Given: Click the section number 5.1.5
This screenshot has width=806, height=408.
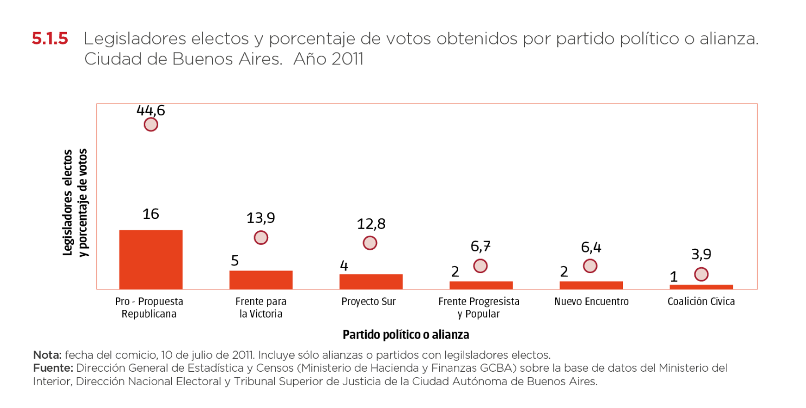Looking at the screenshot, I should [x=50, y=40].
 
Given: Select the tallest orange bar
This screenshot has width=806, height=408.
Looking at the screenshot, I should [x=151, y=259].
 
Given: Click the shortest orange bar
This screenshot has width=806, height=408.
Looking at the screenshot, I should [x=701, y=287].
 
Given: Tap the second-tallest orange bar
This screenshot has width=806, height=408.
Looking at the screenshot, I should [x=261, y=280].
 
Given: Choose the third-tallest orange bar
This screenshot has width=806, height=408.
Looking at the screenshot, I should [x=370, y=281].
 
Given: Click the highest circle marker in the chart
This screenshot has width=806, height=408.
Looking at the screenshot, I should [x=151, y=125].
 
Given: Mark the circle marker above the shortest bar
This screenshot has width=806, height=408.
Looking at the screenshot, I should [x=701, y=274].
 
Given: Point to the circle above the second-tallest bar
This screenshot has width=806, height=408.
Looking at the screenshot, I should [x=261, y=238].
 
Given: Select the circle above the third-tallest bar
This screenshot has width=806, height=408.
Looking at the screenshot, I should [x=370, y=243].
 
